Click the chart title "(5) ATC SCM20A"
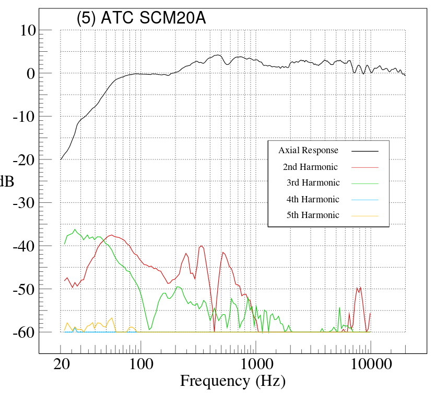(141, 18)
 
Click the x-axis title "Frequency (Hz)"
(232, 381)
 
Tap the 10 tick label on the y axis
(25, 30)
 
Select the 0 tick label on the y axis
(30, 73)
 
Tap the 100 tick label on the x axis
(140, 364)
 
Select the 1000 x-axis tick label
(255, 364)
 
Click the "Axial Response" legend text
(308, 151)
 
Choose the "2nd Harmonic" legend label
(310, 167)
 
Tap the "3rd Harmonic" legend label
(313, 183)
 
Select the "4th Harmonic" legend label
(313, 199)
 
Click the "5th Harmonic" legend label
(313, 215)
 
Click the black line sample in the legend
(364, 151)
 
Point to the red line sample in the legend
(364, 167)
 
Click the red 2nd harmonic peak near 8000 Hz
(360, 287)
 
